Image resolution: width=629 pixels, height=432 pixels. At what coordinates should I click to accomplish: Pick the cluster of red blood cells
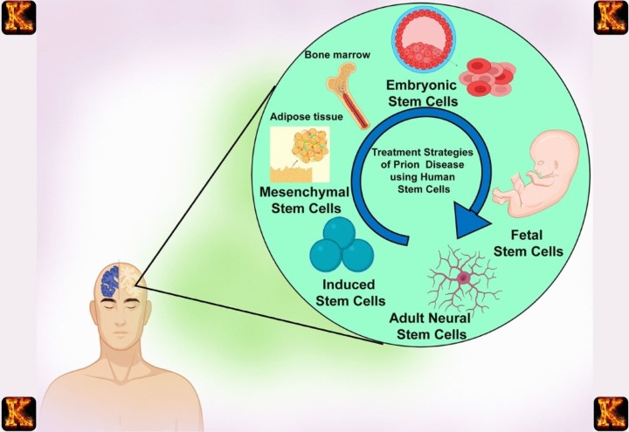(490, 77)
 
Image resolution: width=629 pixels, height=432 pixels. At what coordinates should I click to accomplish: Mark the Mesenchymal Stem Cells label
(299, 198)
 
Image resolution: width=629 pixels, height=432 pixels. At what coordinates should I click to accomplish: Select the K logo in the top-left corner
(18, 17)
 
